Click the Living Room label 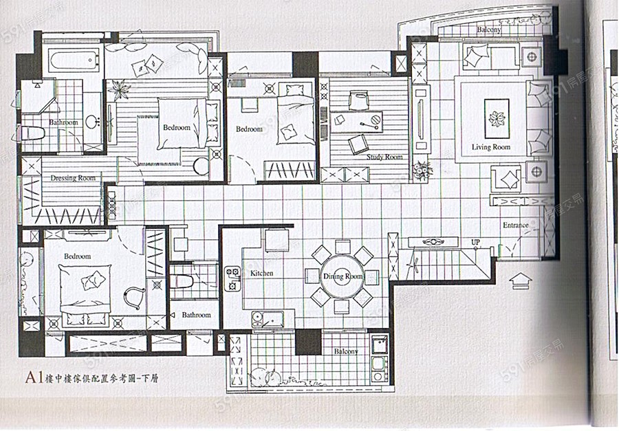coord(491,147)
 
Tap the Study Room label coord(384,157)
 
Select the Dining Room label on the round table coord(343,276)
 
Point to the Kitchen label coord(261,273)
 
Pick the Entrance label coord(515,225)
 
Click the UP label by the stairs coord(475,243)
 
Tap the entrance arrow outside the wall coord(521,280)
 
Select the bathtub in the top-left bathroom coord(72,59)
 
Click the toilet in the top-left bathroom coord(32,132)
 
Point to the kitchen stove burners coord(232,276)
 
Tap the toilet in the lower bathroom coord(182,281)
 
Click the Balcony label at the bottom coord(346,351)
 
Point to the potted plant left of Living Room coord(421,169)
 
